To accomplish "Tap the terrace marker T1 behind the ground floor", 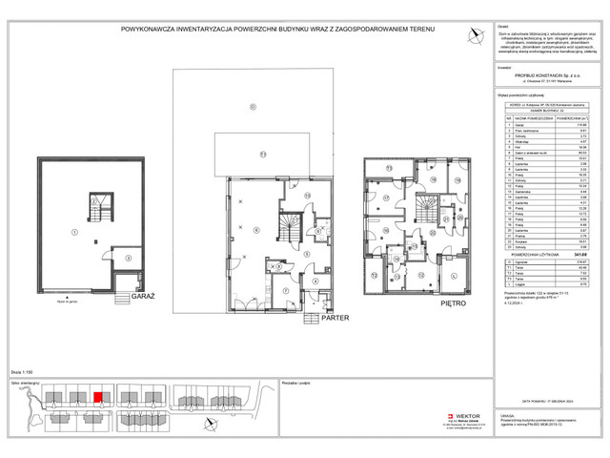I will [x=261, y=154].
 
